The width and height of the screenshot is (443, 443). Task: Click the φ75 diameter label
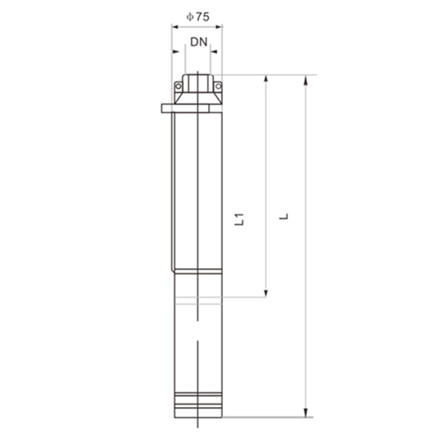(198, 17)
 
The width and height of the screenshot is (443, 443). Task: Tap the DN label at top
(199, 42)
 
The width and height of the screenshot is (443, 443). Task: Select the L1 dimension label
(239, 219)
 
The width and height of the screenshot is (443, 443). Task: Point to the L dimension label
(284, 216)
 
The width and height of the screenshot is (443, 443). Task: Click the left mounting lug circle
(178, 86)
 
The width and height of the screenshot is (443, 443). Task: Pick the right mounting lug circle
(218, 86)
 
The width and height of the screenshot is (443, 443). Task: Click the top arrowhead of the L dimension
(306, 80)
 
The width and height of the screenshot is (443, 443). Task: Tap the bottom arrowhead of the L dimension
(306, 412)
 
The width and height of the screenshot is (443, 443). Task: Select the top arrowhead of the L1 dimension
(266, 79)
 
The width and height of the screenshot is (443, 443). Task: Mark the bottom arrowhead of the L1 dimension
(266, 293)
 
